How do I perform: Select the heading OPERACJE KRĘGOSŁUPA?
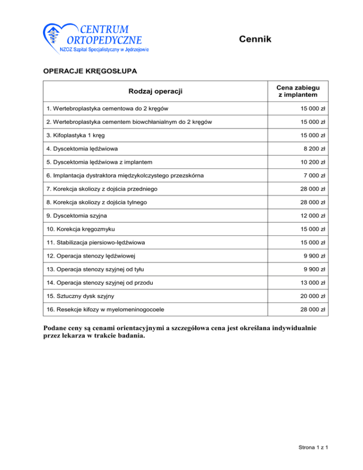coord(90,71)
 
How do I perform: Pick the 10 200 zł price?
coord(313,162)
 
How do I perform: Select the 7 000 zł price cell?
coord(315,175)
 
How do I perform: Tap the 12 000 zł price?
coord(313,216)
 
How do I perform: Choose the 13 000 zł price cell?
coord(313,283)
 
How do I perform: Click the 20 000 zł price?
coord(313,296)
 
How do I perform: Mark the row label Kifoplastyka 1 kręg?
coord(76,135)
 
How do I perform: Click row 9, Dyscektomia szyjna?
coord(75,216)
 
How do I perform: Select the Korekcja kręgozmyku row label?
coord(81,229)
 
